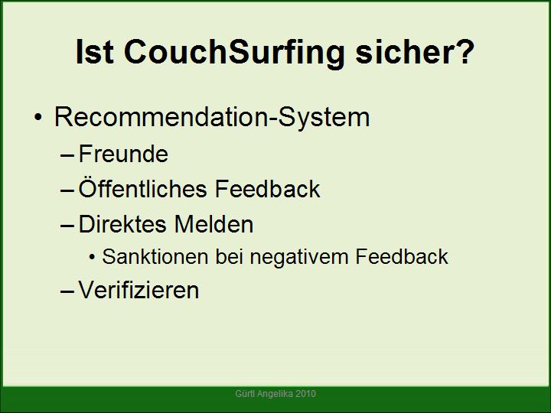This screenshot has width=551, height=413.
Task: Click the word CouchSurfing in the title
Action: pos(233,53)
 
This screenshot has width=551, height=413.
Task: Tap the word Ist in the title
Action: pos(94,52)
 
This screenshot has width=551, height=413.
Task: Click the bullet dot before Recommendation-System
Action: pos(38,118)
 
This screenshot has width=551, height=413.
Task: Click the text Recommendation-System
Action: pos(212,117)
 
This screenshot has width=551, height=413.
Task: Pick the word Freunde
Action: pos(123,154)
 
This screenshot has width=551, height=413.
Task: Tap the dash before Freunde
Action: pos(67,155)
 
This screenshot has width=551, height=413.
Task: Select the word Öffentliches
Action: pos(142,188)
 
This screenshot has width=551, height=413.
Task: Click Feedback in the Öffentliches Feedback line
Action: pos(267,189)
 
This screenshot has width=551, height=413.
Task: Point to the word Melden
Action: pos(214,224)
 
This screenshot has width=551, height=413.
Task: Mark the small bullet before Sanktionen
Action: pos(92,258)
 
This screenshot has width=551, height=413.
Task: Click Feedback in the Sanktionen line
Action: pos(402,256)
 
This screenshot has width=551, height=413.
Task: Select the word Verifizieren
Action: pos(139,290)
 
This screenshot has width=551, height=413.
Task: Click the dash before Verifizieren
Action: pos(67,291)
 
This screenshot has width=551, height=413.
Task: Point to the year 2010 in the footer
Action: pos(305,394)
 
